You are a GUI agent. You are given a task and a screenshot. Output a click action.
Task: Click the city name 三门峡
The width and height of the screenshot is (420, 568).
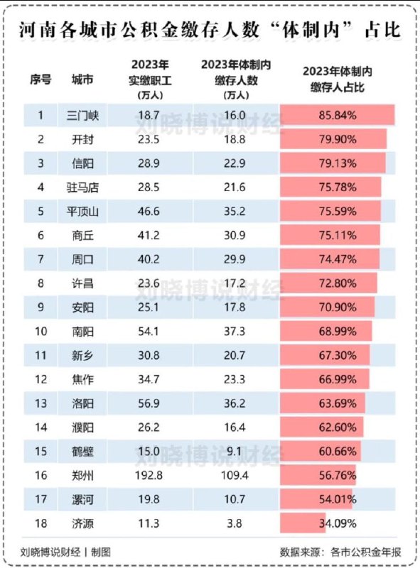[x=84, y=114]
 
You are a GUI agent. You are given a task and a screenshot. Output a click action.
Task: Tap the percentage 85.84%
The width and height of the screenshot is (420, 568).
[x=338, y=114]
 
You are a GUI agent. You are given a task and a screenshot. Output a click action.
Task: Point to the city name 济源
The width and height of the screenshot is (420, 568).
[x=84, y=525]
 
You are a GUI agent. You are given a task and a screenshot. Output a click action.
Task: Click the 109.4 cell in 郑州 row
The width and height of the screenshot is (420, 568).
[x=235, y=475]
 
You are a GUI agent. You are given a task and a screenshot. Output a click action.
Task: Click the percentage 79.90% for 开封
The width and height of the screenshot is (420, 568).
[x=338, y=140]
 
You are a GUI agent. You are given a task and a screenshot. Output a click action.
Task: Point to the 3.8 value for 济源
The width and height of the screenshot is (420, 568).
[x=235, y=525]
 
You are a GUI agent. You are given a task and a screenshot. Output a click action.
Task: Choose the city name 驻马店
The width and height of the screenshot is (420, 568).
[x=84, y=187]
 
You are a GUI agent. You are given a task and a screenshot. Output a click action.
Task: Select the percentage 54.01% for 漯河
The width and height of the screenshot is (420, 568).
[x=338, y=501]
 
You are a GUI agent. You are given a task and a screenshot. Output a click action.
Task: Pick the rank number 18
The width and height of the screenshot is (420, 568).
[x=41, y=525]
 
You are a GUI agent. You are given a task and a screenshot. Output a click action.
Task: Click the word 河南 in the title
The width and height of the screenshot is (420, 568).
[x=38, y=30]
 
